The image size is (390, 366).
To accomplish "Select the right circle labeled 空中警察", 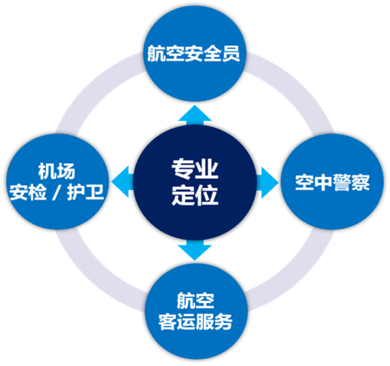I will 333,182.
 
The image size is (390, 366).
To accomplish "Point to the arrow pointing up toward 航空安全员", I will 194,115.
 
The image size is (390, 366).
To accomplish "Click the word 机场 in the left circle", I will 56,170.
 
